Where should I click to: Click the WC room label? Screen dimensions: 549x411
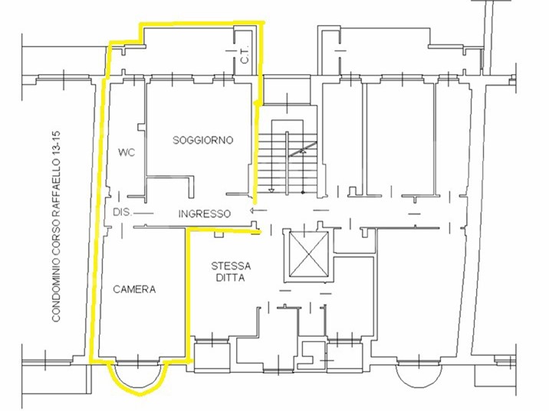tap(127, 153)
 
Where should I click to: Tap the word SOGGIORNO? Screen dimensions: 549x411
tap(203, 140)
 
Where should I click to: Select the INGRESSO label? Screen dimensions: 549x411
tap(205, 214)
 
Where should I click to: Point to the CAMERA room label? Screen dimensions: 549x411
tap(134, 289)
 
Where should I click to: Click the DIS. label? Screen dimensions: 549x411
tap(122, 212)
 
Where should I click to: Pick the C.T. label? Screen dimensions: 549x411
tap(245, 54)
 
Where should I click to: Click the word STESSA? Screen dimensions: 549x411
tap(231, 266)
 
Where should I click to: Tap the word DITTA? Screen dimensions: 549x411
tap(230, 278)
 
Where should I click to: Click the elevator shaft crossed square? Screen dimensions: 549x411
tap(307, 254)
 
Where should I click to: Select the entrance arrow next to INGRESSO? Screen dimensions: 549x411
tap(258, 210)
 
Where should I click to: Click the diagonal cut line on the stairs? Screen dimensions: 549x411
tap(303, 149)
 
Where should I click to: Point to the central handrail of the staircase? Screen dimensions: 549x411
tap(287, 163)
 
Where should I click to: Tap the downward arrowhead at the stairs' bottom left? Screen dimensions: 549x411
tap(271, 191)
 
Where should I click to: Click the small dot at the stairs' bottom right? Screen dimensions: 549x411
tap(303, 192)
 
